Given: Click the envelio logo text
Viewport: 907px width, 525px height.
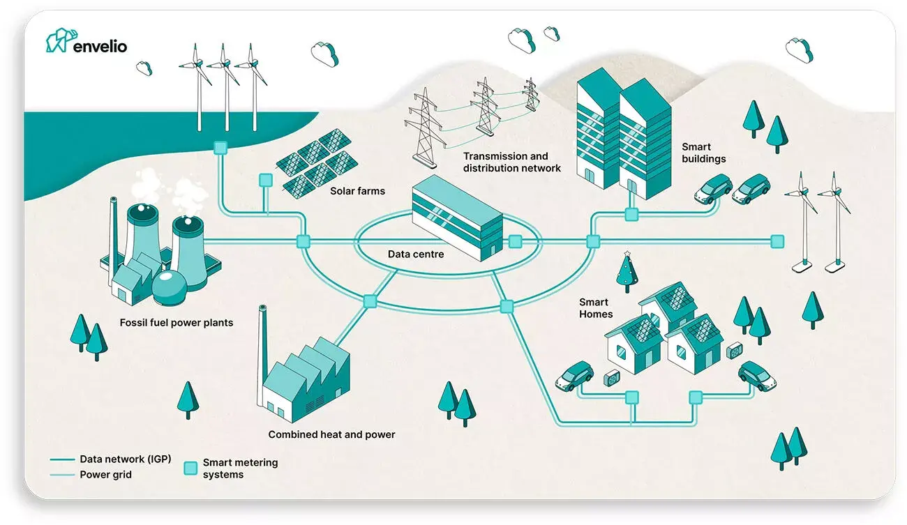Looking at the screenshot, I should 100,46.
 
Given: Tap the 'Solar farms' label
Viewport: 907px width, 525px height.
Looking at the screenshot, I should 357,190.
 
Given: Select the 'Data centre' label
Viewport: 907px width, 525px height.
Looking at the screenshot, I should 416,254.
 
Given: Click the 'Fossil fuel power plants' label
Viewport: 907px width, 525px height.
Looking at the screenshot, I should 177,323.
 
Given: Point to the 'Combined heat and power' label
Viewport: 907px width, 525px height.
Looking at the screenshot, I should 331,434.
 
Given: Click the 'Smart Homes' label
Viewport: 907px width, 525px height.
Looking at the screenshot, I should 596,308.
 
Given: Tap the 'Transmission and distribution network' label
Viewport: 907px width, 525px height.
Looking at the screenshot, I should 512,162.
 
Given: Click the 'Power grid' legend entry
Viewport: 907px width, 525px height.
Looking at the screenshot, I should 105,474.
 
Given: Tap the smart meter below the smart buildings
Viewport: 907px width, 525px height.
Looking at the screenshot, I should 631,215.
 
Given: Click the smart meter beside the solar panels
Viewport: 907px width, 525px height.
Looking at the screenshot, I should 265,180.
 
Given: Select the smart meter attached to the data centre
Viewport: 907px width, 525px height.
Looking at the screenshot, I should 515,241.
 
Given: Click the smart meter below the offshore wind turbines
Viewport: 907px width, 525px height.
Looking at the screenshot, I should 220,148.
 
